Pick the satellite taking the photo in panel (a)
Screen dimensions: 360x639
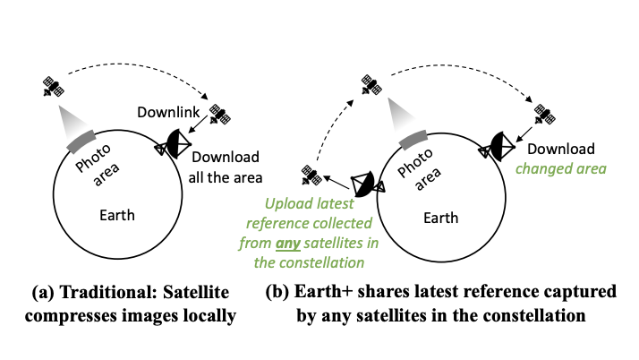coord(54,87)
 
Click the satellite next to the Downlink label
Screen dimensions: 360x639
coord(218,115)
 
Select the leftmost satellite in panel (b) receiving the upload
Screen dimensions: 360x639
coord(311,173)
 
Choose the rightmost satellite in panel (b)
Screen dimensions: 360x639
coord(541,114)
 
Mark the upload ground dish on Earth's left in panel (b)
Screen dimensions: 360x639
coord(367,184)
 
